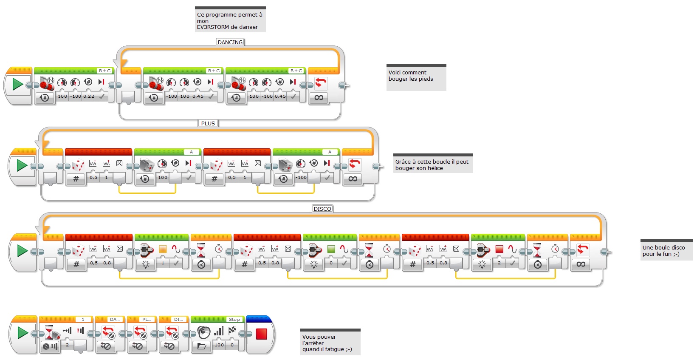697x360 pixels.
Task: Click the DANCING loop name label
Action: coord(230,42)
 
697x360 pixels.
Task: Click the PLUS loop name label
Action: coord(208,123)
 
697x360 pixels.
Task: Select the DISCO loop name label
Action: coord(322,209)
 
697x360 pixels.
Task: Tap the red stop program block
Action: coord(261,334)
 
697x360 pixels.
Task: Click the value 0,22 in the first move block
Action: coord(88,96)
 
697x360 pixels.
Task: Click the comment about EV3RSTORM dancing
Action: coord(230,20)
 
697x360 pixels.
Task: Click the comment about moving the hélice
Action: coord(432,164)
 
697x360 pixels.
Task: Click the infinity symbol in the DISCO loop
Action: coord(581,264)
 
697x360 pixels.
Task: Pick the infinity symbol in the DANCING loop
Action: coord(319,97)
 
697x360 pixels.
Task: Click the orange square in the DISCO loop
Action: coord(163,249)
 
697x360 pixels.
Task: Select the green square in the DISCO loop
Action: coord(331,249)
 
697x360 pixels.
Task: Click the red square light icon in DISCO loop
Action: coord(499,249)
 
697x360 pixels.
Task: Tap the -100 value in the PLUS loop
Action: coord(301,177)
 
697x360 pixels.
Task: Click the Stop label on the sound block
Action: coord(234,319)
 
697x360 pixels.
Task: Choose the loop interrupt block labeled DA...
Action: coord(110,334)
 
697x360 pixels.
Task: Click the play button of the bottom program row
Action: coord(23,333)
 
